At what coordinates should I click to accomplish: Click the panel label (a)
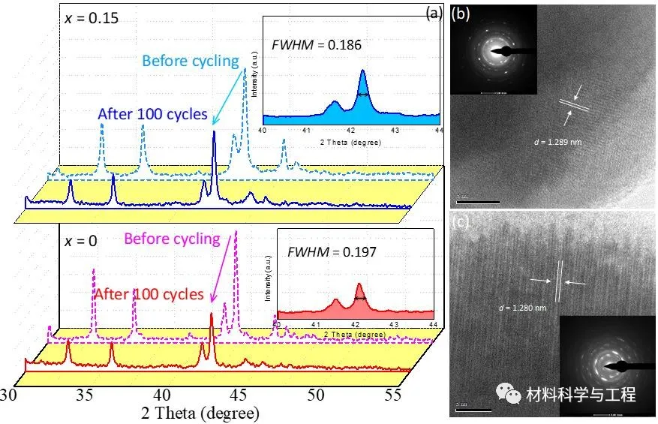tap(434, 12)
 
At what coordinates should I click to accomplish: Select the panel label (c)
tap(461, 222)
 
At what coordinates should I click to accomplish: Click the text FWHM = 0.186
tap(318, 44)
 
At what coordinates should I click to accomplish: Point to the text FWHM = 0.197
tap(332, 251)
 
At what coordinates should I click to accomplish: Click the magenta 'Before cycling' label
tap(172, 239)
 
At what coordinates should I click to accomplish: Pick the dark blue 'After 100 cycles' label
tap(152, 114)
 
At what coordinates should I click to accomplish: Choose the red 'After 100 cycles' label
tap(149, 294)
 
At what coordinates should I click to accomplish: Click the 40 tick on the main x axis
tap(162, 395)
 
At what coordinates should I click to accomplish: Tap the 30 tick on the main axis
tap(9, 395)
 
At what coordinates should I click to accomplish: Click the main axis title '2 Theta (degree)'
tap(200, 413)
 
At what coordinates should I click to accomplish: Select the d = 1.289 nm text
tap(557, 140)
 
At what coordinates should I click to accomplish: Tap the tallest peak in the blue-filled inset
tap(362, 72)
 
